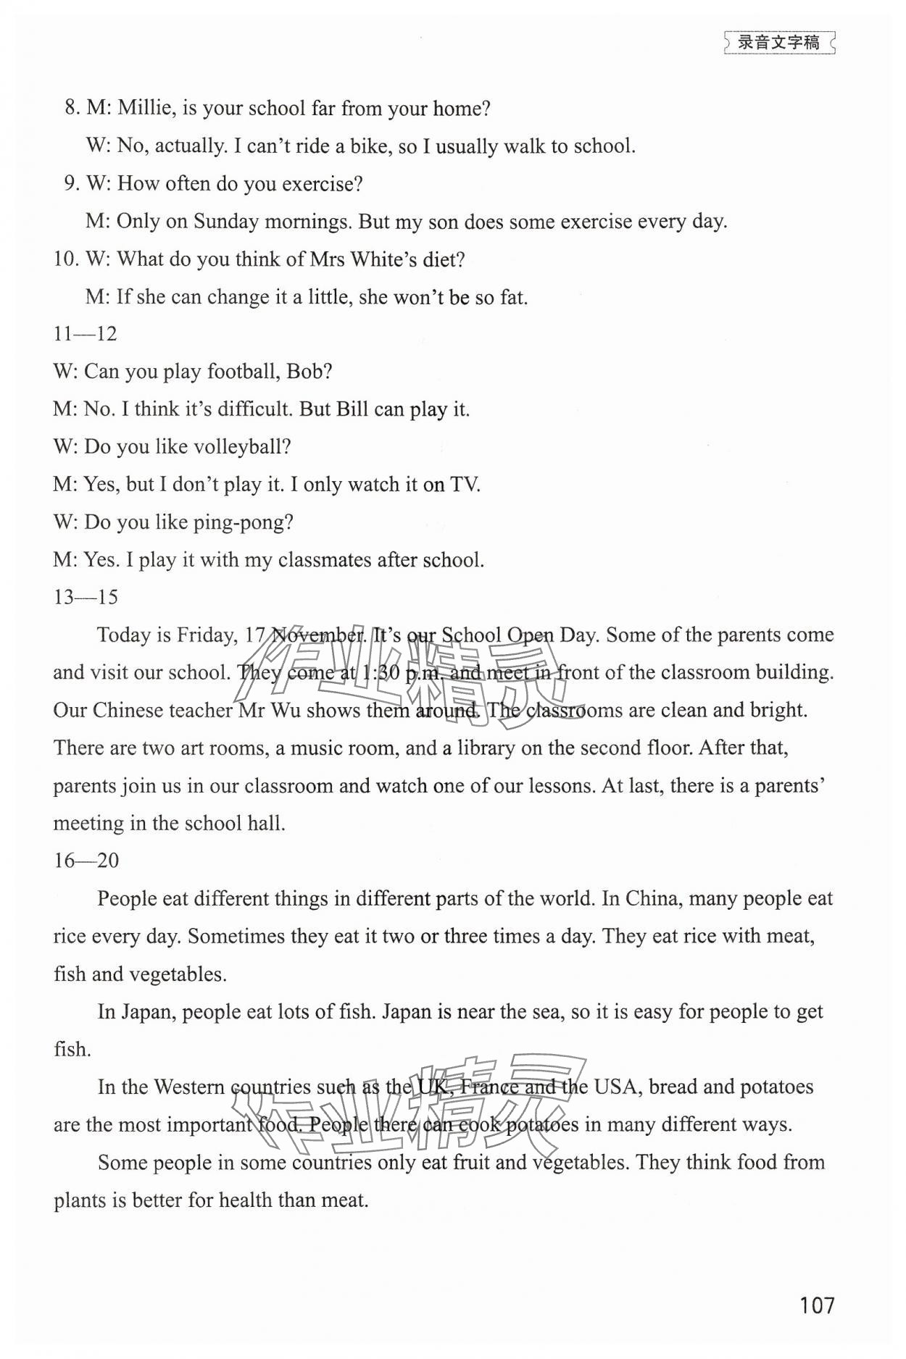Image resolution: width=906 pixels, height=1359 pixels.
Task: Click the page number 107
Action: (817, 1305)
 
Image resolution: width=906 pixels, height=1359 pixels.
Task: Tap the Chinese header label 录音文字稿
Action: (778, 43)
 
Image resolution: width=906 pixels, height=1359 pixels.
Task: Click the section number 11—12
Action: (85, 334)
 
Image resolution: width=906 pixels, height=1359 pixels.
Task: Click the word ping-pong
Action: (243, 523)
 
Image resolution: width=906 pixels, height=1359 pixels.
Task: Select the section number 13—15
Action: (86, 598)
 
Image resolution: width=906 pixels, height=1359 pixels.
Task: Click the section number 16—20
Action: (86, 861)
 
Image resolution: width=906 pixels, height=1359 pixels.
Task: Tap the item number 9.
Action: (71, 184)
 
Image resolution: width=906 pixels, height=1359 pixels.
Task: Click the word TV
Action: (465, 485)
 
